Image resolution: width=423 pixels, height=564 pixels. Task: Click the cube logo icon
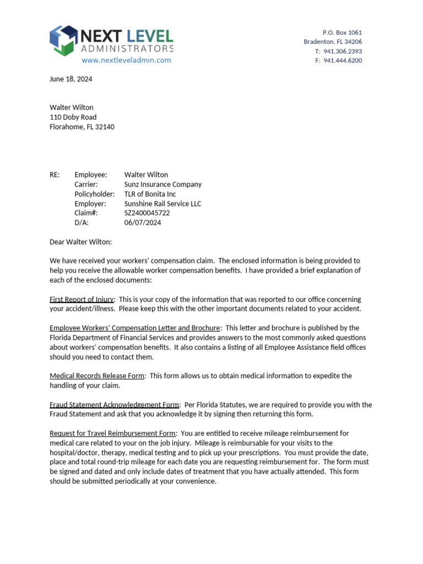click(63, 40)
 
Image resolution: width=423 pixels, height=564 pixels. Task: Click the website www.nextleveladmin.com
click(126, 60)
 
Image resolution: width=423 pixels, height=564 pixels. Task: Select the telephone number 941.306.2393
click(342, 51)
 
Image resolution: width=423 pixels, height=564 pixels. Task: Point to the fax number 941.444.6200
click(342, 61)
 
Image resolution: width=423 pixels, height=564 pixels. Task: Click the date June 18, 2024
click(71, 79)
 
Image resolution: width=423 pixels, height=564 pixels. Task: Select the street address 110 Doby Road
click(73, 117)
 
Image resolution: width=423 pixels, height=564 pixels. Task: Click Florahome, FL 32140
click(82, 127)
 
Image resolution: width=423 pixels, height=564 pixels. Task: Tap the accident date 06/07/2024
click(143, 223)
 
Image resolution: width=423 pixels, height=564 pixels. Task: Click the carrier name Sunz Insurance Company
click(162, 185)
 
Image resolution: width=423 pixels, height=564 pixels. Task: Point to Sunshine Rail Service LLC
click(162, 203)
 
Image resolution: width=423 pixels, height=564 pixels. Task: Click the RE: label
click(55, 175)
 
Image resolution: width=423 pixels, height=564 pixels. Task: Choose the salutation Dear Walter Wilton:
click(80, 241)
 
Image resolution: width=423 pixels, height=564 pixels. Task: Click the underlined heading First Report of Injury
click(82, 299)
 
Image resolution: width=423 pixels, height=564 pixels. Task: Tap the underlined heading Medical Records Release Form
click(97, 376)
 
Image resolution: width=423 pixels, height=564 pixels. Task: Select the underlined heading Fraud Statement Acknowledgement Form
click(114, 405)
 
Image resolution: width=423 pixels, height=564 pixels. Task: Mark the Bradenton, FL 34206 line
click(333, 42)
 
